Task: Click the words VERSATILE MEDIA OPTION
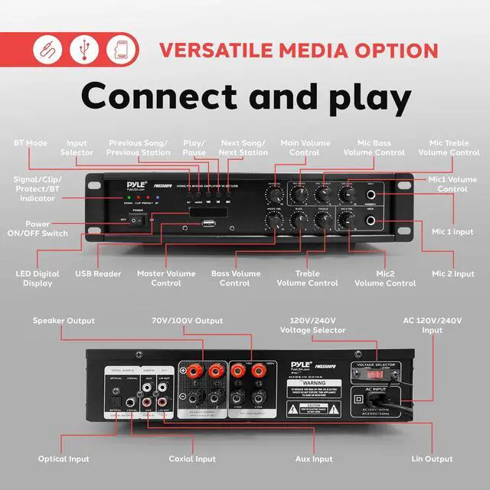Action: tap(299, 51)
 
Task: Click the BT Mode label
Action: tap(31, 143)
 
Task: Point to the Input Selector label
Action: tap(77, 148)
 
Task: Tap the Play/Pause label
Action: tap(194, 148)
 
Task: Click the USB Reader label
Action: tap(98, 274)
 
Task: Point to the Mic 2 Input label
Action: tap(452, 274)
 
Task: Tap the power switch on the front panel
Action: tap(138, 220)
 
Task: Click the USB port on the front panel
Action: tap(209, 224)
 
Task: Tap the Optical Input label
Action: tap(64, 459)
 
